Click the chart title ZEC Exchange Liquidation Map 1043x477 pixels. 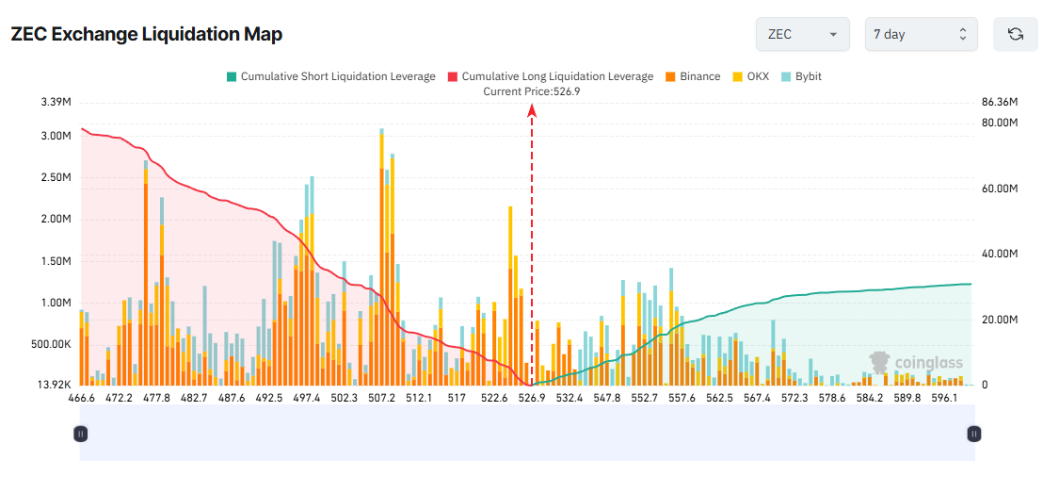pos(146,34)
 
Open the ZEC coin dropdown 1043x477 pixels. pos(802,34)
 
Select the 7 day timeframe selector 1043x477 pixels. pos(921,34)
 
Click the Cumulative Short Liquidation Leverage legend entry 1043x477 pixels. pos(330,76)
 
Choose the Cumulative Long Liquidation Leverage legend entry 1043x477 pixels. pos(550,76)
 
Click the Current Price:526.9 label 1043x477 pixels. pos(531,91)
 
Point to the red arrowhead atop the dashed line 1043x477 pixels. pos(532,110)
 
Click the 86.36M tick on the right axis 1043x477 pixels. pos(1000,102)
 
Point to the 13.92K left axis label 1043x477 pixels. pos(53,386)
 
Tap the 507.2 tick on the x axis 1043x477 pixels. pos(381,399)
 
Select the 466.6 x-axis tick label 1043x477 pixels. pos(82,399)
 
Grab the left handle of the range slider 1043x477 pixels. pos(81,434)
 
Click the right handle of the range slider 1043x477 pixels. pos(974,434)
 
